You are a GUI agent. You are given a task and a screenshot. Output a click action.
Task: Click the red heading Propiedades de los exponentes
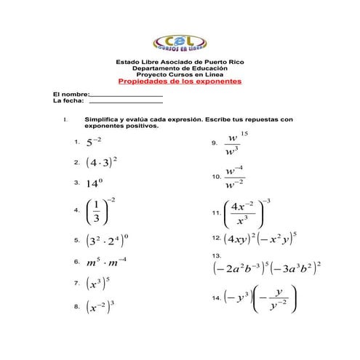coord(179,81)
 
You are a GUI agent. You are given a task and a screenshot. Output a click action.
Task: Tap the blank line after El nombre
coord(125,95)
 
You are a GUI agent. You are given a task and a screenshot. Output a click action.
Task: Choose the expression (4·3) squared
coord(101,162)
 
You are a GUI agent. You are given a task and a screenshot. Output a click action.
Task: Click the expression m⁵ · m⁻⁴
coord(106,260)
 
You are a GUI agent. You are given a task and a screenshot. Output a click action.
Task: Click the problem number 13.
coord(216,256)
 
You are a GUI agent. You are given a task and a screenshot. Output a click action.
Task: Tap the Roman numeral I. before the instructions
coord(65,119)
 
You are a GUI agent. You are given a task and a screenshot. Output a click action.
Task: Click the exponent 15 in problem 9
coord(244,134)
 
